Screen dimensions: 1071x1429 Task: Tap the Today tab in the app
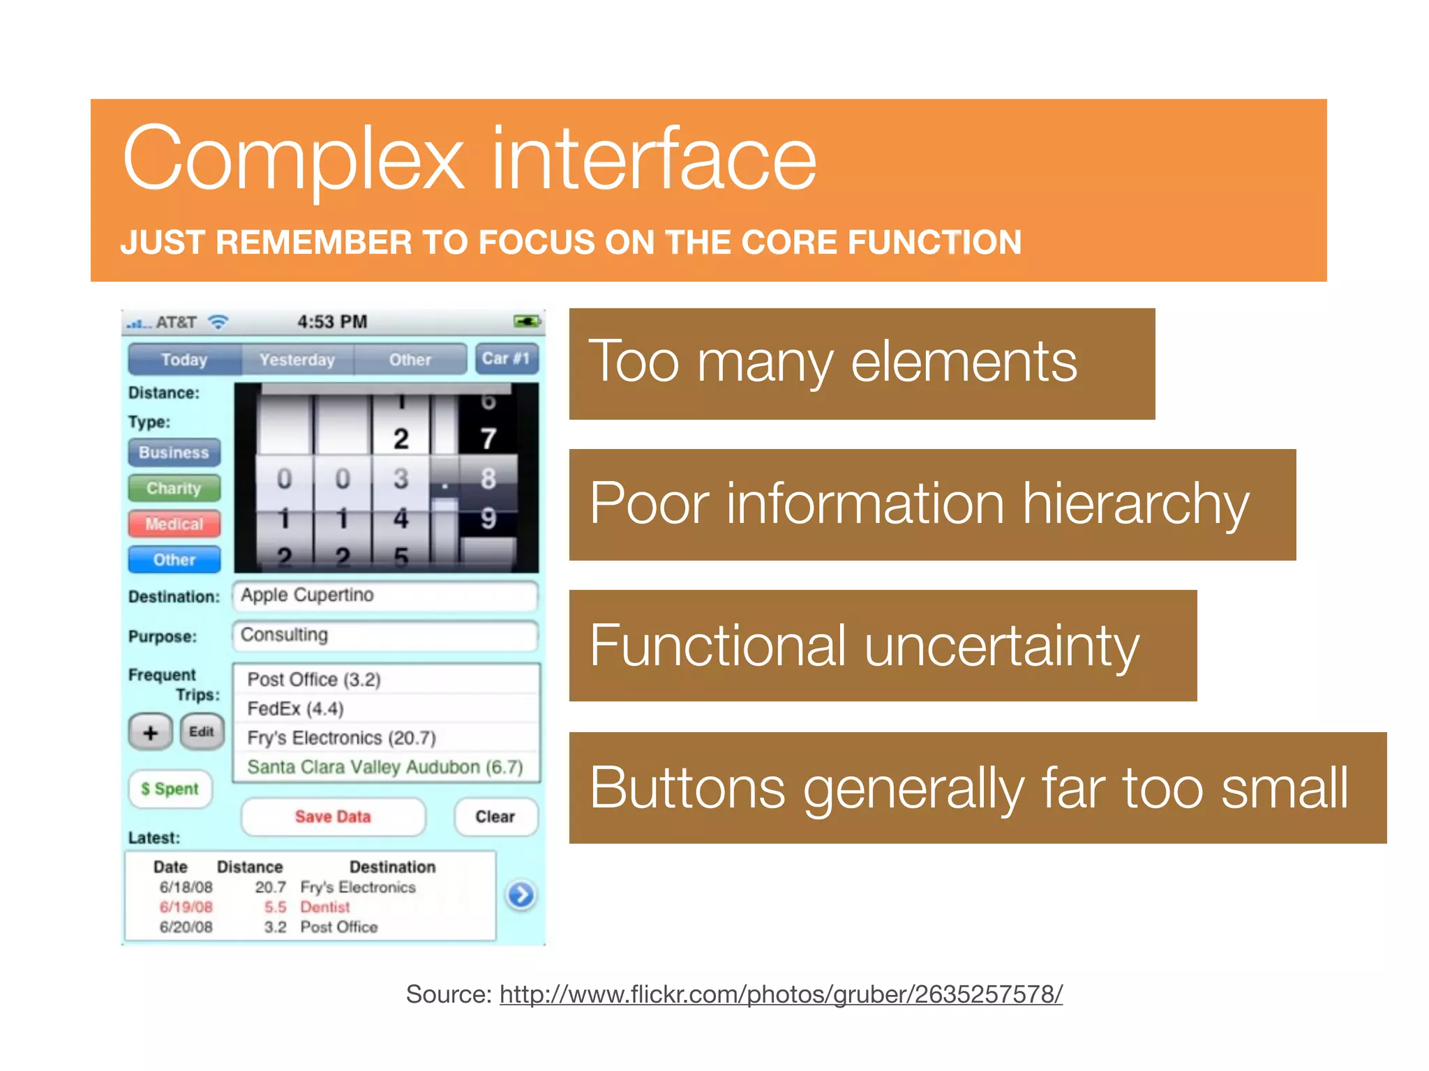tap(184, 359)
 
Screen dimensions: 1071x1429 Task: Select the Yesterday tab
tap(297, 359)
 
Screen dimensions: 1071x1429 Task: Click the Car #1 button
tap(506, 358)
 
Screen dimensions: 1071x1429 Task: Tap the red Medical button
tap(174, 524)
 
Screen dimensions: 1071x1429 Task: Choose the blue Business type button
tap(174, 453)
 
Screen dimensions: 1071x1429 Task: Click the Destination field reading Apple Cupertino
tap(384, 595)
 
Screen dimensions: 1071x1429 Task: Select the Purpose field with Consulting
tap(384, 635)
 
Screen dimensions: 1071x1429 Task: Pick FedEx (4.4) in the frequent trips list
tap(296, 709)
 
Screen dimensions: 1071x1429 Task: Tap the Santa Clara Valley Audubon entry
tap(384, 767)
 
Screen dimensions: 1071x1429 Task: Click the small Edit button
tap(202, 731)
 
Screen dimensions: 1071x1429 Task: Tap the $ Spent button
tap(170, 789)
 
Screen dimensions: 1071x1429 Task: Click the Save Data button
tap(333, 816)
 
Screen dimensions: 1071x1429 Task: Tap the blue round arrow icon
tap(521, 895)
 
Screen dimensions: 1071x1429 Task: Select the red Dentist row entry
tap(325, 907)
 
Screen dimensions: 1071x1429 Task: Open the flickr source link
tap(780, 994)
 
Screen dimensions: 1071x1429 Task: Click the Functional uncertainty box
tap(882, 646)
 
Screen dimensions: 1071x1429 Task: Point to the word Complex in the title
tap(293, 159)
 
